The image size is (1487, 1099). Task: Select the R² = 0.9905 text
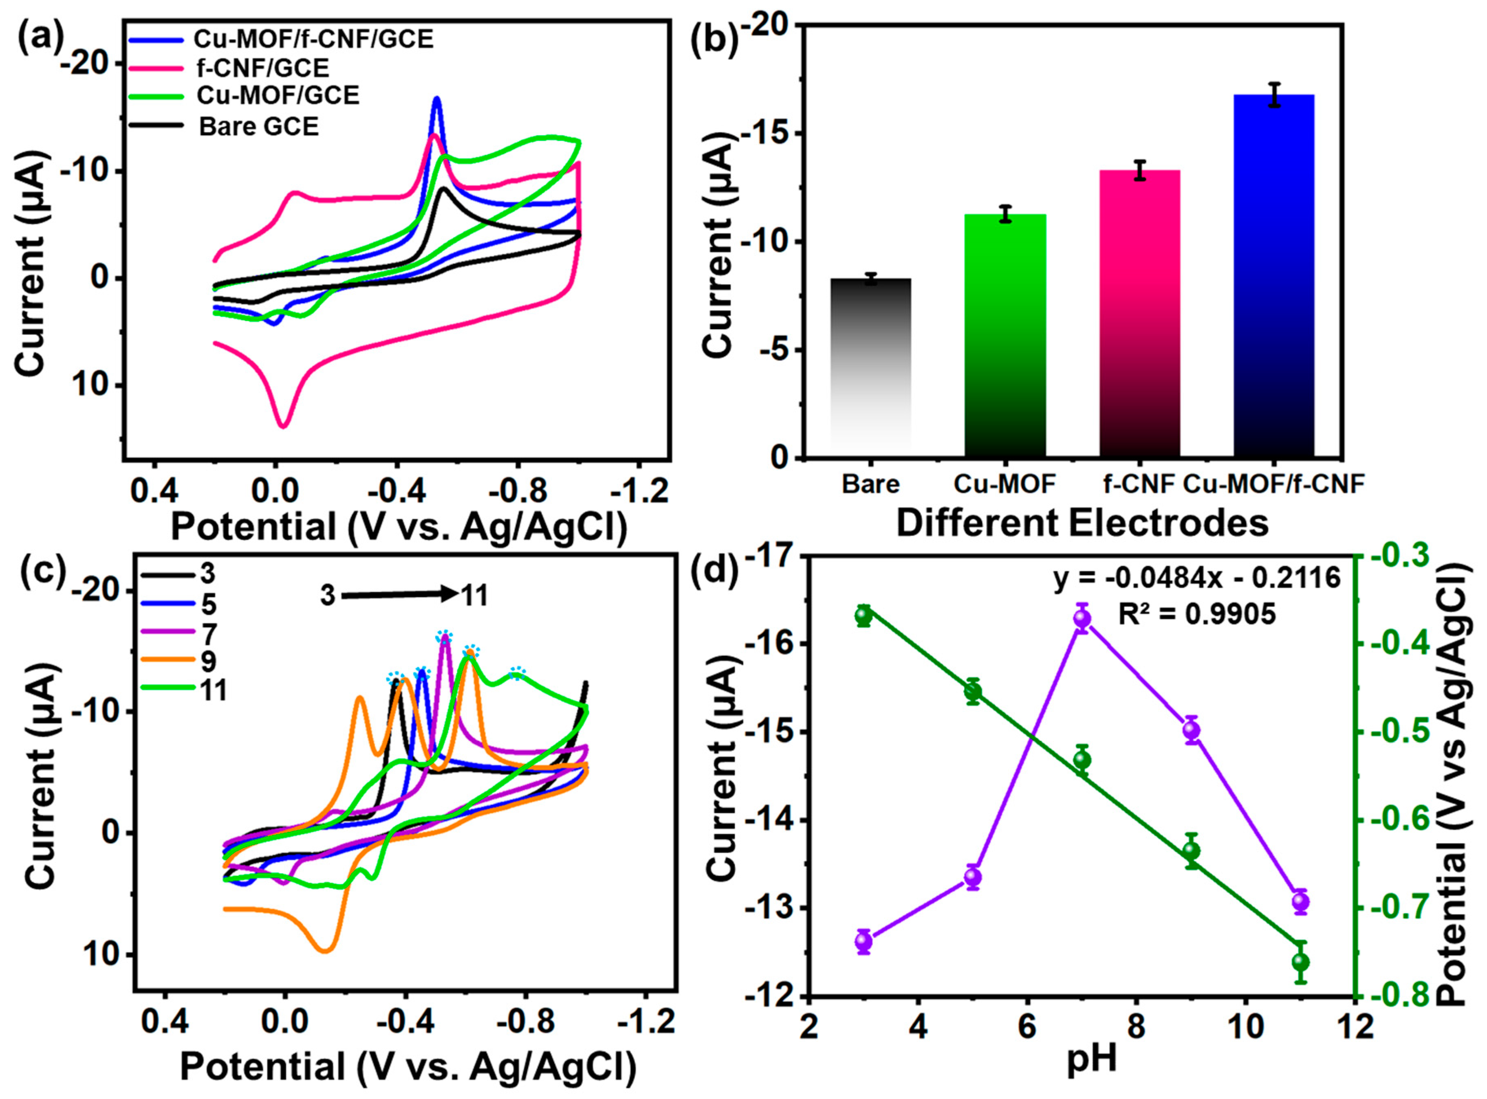1196,614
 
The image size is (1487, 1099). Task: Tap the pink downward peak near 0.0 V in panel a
283,426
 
